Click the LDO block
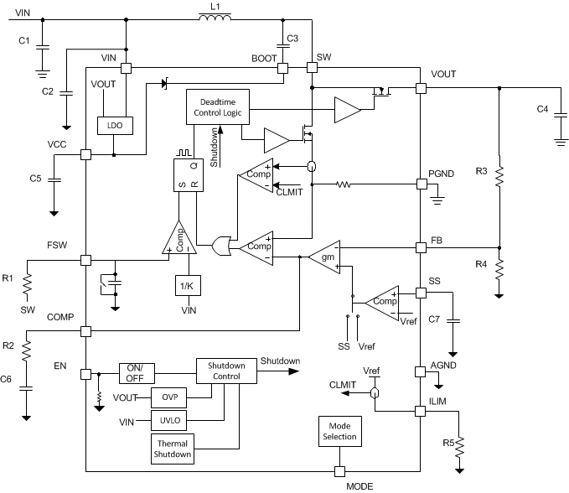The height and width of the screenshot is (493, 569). pyautogui.click(x=111, y=126)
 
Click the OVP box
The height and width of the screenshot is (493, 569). pyautogui.click(x=169, y=396)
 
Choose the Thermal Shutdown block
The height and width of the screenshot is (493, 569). pyautogui.click(x=171, y=449)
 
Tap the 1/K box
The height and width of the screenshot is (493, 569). pyautogui.click(x=187, y=285)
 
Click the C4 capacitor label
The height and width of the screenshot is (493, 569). pyautogui.click(x=543, y=109)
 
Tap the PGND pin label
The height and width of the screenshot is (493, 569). pyautogui.click(x=442, y=173)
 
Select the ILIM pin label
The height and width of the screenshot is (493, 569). pyautogui.click(x=441, y=402)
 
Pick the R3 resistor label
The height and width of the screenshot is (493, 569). pyautogui.click(x=481, y=171)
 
